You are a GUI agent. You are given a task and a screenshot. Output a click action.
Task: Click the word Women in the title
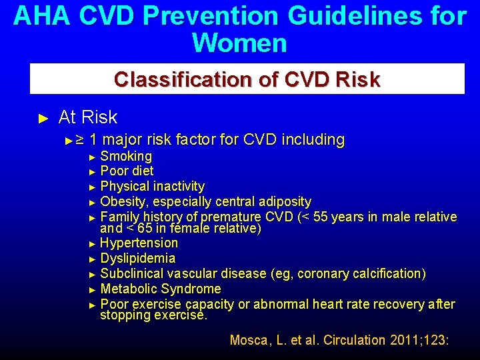pos(239,43)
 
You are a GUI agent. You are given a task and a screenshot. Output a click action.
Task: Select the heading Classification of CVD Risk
pos(247,79)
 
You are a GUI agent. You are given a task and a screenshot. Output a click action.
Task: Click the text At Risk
pos(87,117)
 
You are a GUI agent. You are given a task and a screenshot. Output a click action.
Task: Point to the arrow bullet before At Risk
pos(44,119)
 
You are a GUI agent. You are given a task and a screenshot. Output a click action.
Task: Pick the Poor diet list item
pos(127,171)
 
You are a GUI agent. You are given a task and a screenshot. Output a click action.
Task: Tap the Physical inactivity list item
pos(152,186)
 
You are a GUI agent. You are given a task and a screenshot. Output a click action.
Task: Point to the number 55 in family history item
pos(322,217)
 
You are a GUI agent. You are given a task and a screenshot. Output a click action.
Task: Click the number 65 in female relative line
pos(144,229)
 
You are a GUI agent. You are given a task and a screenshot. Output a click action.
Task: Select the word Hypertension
pos(139,243)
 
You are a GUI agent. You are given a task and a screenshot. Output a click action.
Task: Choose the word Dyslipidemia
pos(137,259)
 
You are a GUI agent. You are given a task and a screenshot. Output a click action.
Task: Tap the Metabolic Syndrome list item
pos(160,289)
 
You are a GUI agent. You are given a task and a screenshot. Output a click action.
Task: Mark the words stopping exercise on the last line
pos(153,315)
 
